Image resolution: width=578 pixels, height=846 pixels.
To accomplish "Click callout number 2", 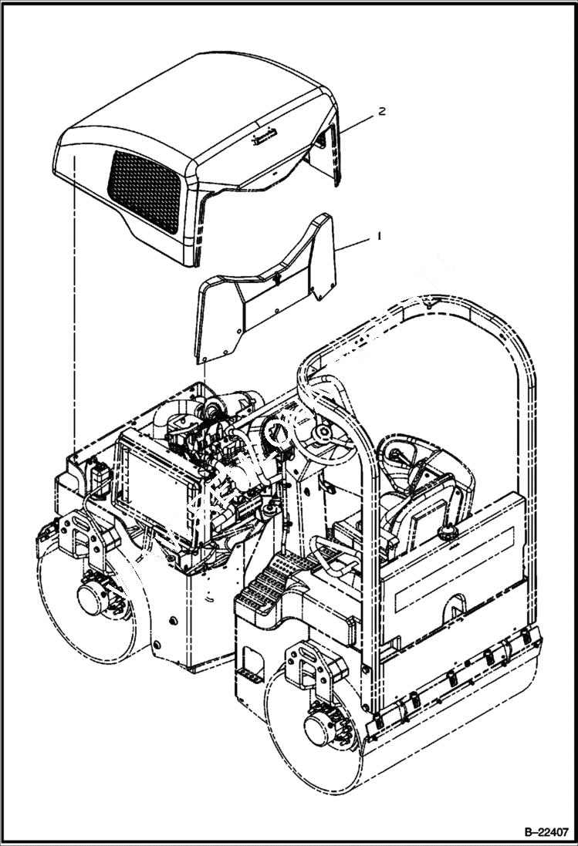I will pos(381,111).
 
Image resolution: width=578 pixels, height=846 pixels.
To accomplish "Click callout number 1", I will pos(377,238).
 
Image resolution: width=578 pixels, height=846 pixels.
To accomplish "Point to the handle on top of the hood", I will pos(262,137).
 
